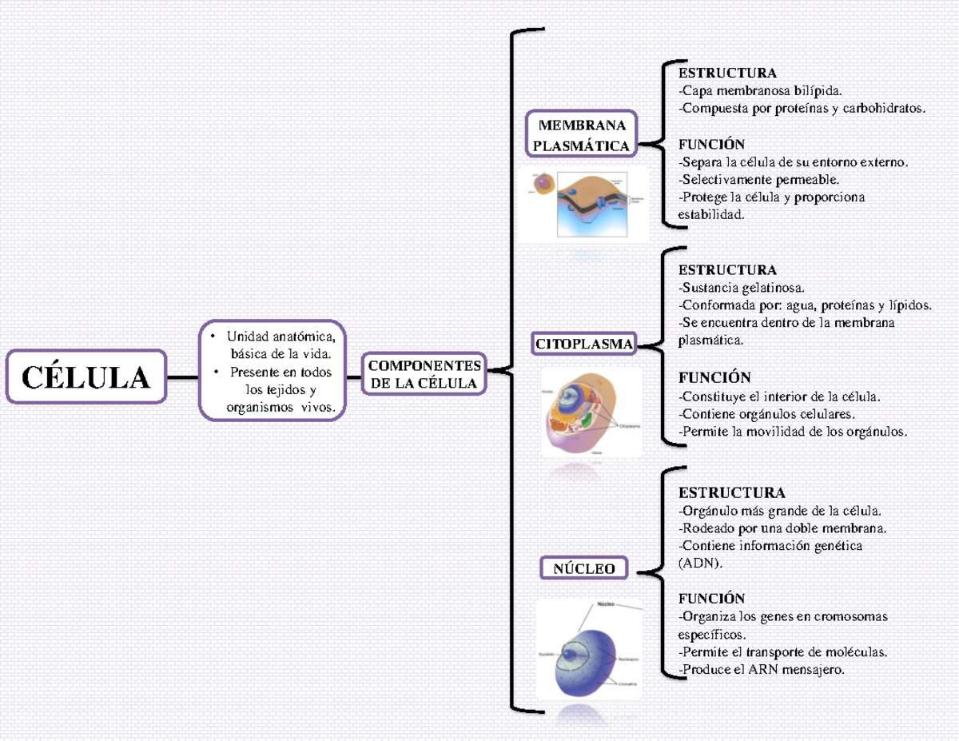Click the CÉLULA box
pos(86,376)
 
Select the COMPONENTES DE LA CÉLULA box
pos(424,374)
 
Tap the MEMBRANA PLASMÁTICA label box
pos(581,135)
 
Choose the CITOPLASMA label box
pos(584,345)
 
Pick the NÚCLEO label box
pos(584,568)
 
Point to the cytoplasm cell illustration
pos(590,412)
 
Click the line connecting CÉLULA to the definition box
pos(183,376)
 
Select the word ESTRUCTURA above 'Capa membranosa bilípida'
pos(726,74)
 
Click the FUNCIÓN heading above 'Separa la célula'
pos(711,144)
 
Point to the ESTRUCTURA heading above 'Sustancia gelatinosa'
pos(726,269)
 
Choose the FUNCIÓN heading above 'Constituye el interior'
pos(714,377)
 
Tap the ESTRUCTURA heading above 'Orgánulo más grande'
pos(731,492)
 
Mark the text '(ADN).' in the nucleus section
pos(699,563)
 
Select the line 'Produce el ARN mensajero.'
pos(761,669)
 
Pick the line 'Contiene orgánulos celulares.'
pos(766,413)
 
